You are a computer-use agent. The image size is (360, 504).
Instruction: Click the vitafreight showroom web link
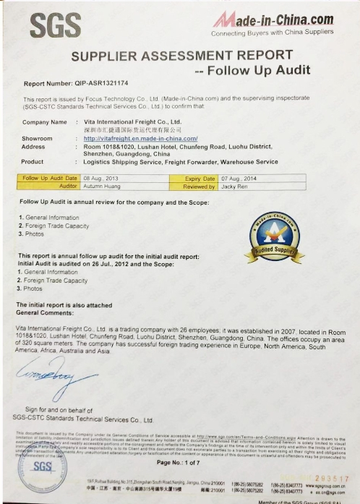[x=140, y=137]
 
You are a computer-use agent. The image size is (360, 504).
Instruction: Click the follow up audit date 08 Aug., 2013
[x=101, y=178]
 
